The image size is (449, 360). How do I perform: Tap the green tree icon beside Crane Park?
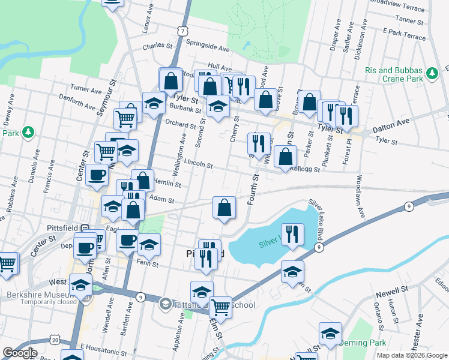[x=432, y=74]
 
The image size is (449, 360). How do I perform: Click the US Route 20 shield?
[x=55, y=340]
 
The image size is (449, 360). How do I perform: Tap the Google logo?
[x=19, y=353]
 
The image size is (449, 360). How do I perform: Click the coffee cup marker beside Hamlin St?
[x=97, y=175]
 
